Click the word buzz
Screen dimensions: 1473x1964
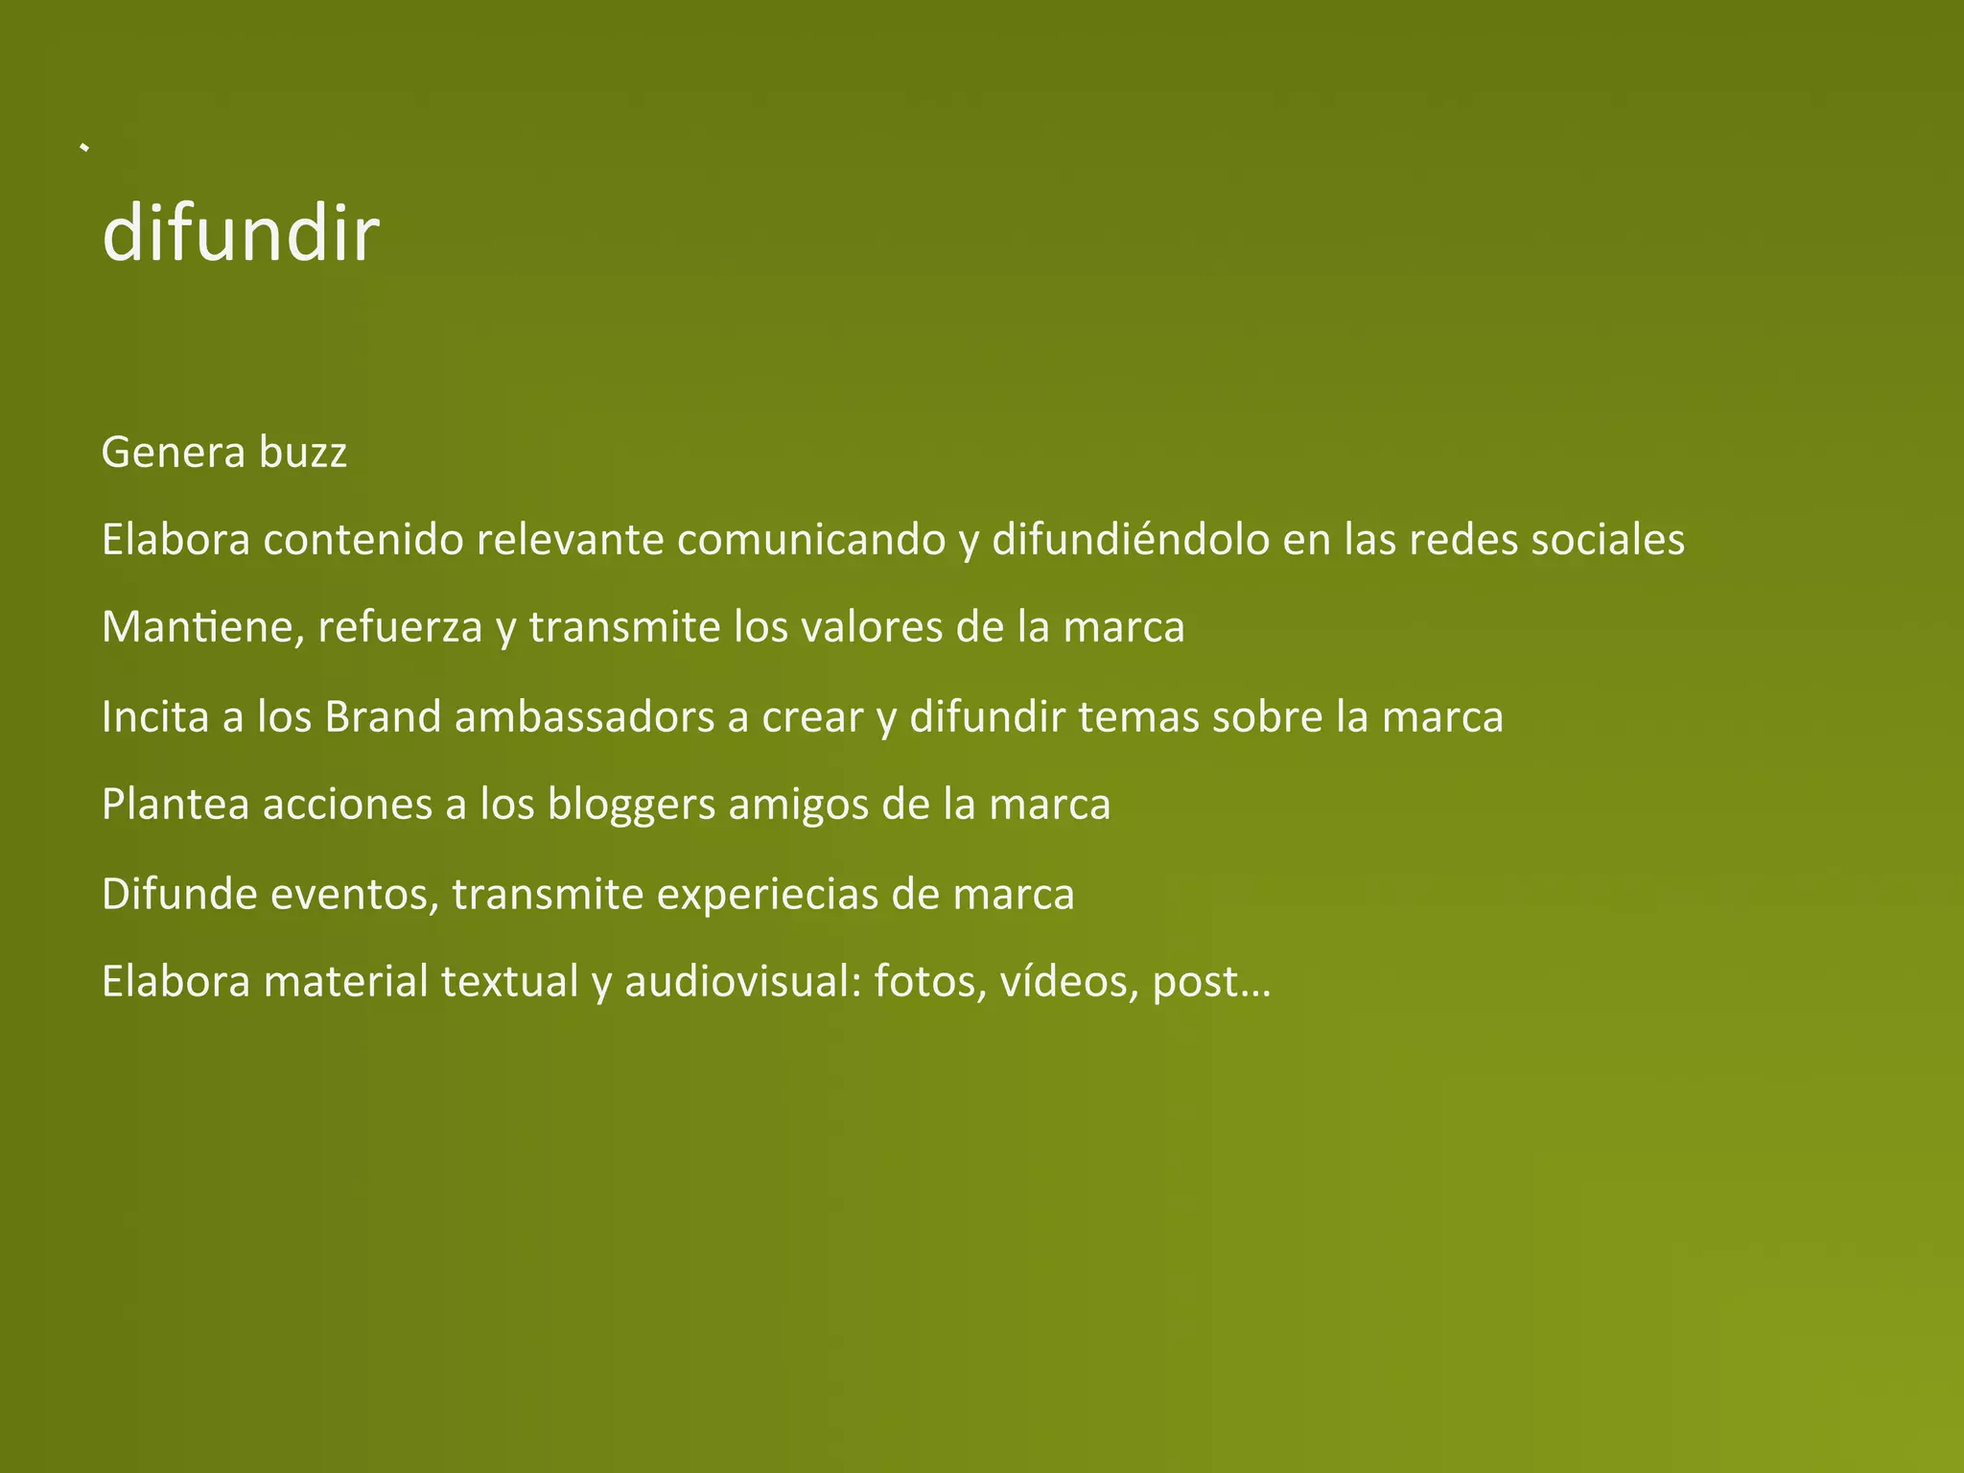pyautogui.click(x=303, y=452)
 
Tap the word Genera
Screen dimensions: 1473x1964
pyautogui.click(x=161, y=452)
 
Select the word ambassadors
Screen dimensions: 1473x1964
pyautogui.click(x=584, y=716)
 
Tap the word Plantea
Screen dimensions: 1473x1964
pyautogui.click(x=175, y=804)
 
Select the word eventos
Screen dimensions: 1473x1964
pyautogui.click(x=354, y=894)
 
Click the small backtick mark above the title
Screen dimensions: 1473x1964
pyautogui.click(x=84, y=148)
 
